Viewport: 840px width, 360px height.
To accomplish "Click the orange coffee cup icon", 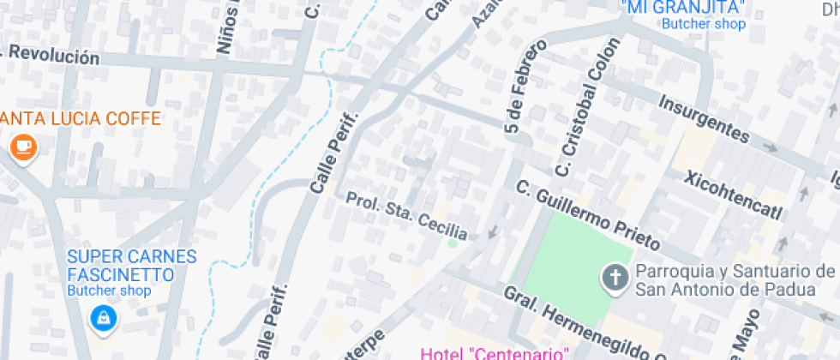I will [x=24, y=147].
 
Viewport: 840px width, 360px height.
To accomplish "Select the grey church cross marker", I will [x=615, y=277].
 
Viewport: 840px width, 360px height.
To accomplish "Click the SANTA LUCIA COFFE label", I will [x=81, y=118].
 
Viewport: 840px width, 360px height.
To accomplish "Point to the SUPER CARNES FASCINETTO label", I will [x=132, y=266].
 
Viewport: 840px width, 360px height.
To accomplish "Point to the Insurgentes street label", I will [x=704, y=118].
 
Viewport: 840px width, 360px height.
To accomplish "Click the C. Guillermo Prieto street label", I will [x=587, y=213].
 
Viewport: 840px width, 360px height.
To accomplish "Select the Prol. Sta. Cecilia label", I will [x=406, y=215].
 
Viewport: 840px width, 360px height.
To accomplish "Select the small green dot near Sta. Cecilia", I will [x=453, y=243].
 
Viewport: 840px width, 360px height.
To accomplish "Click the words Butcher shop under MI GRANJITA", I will [x=703, y=24].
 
